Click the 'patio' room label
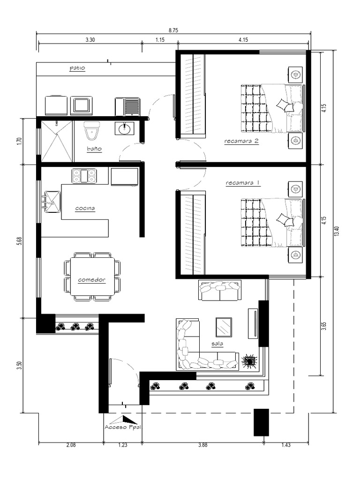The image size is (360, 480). point(77,68)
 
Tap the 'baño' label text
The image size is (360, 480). point(94,149)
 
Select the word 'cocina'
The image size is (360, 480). point(85,208)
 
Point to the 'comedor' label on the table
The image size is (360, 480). point(91,280)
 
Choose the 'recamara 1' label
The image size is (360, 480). point(242,183)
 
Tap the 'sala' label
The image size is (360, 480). point(217,344)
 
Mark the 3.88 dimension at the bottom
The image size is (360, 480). point(202,445)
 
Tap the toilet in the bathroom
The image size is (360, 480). point(91,130)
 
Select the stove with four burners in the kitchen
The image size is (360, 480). point(84,176)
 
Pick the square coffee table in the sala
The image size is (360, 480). point(224,327)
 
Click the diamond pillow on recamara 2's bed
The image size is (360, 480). point(283,104)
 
